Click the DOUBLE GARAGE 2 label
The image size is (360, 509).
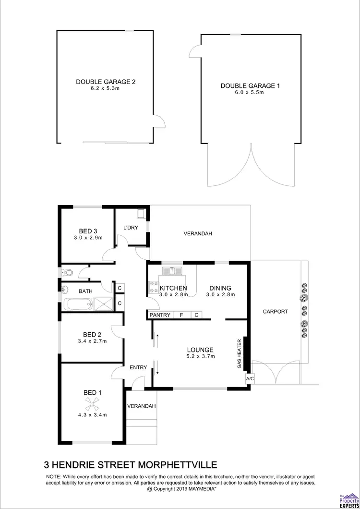coord(106,82)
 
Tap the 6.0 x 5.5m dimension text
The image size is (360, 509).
coord(249,93)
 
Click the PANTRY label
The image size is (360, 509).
coord(160,315)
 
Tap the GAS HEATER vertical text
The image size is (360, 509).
coord(239,354)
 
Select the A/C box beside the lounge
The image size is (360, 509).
coord(249,378)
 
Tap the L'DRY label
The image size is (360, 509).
coord(131,228)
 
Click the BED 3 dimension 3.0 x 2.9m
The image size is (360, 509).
coord(88,237)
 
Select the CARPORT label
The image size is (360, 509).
coord(275,311)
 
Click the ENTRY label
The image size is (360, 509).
coord(138,367)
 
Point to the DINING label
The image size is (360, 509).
coord(220,288)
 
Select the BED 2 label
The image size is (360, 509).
coord(92,334)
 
